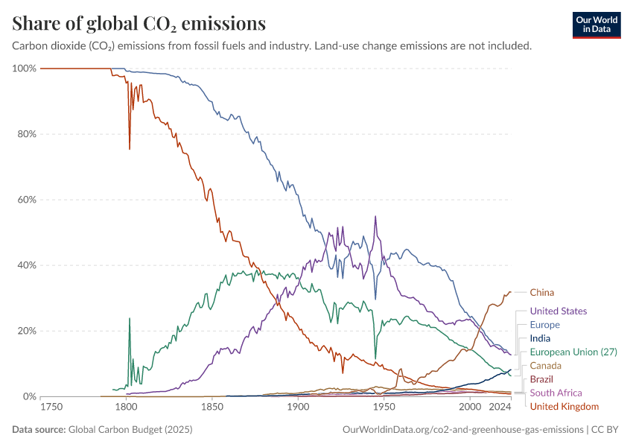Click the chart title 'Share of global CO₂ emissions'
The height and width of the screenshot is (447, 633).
tap(139, 24)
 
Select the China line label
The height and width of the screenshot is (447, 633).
tap(541, 293)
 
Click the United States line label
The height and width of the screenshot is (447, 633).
tap(558, 311)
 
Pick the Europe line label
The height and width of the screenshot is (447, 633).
tap(544, 325)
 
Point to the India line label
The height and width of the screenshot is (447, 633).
tap(540, 338)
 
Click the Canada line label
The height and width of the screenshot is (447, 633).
tap(545, 366)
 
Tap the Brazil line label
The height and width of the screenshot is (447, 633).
tap(541, 379)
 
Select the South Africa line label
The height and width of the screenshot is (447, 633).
tap(556, 393)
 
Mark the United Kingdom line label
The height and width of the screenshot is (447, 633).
tap(564, 406)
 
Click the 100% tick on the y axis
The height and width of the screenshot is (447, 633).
tap(25, 69)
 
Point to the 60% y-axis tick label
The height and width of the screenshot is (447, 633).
tap(26, 200)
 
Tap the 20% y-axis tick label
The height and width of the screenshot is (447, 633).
tap(26, 331)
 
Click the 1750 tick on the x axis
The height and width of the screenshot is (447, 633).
tap(51, 407)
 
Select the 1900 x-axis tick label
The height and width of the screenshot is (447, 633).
tap(298, 407)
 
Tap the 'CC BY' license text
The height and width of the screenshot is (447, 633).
tap(607, 430)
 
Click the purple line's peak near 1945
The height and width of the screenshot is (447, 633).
tap(375, 216)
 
